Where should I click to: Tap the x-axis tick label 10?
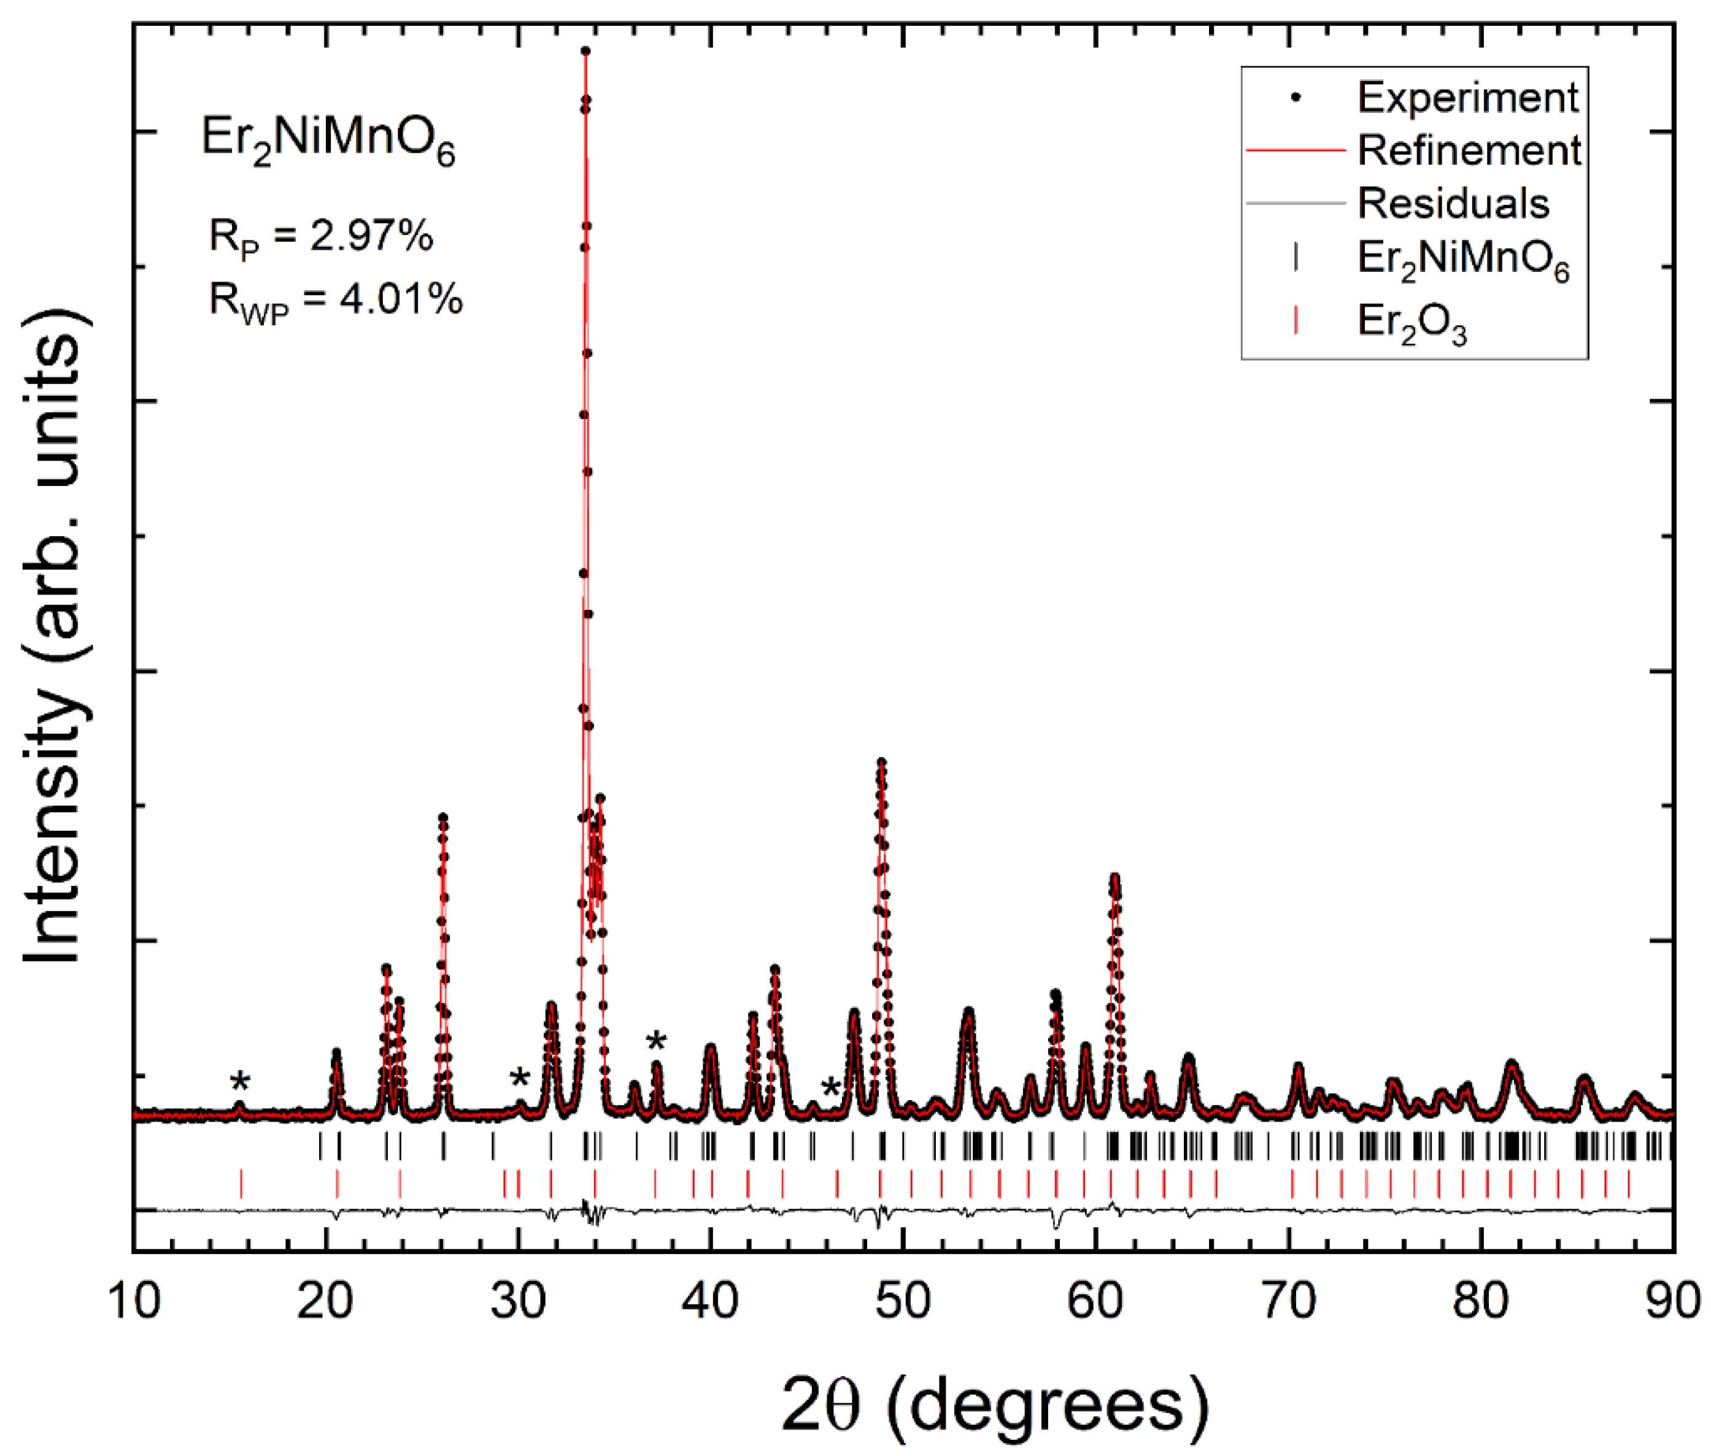click(x=134, y=1301)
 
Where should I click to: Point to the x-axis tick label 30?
click(x=519, y=1301)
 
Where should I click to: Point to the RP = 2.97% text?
click(x=321, y=237)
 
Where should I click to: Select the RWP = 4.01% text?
click(x=335, y=299)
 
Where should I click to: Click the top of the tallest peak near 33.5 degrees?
click(x=585, y=51)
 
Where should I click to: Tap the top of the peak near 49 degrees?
click(x=881, y=763)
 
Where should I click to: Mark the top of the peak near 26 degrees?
click(x=443, y=817)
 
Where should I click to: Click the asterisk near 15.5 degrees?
click(x=240, y=1081)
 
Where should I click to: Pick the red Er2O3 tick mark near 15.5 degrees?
click(x=241, y=1183)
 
